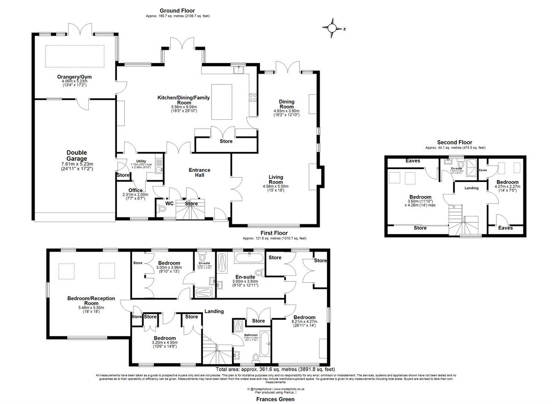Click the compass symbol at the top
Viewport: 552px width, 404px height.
(332, 28)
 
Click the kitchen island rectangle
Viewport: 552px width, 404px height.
(222, 101)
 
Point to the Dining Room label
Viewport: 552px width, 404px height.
(287, 105)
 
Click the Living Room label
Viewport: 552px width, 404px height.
(276, 180)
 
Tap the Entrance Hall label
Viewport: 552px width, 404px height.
(200, 173)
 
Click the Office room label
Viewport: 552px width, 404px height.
(135, 190)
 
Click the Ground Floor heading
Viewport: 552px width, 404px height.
(177, 11)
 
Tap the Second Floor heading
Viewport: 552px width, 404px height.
(455, 142)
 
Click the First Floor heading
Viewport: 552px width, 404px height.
(275, 234)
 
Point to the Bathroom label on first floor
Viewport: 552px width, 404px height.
(251, 335)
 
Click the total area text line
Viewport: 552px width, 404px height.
(275, 369)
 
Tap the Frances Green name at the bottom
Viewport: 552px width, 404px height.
(275, 400)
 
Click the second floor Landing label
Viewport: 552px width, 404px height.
(471, 188)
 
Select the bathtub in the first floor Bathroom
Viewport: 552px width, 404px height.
(264, 344)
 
